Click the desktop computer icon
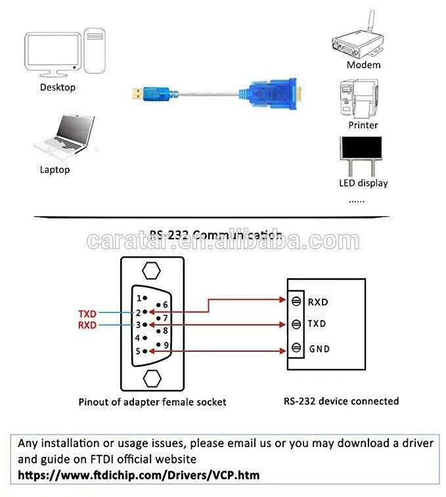click(64, 52)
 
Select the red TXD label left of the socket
click(87, 314)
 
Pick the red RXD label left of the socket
click(87, 325)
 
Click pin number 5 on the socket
click(139, 351)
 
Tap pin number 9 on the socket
click(166, 344)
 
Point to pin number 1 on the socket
click(139, 298)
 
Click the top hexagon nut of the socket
click(152, 271)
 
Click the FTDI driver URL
click(139, 475)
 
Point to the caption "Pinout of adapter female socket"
click(152, 402)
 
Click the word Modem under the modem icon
click(363, 65)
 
